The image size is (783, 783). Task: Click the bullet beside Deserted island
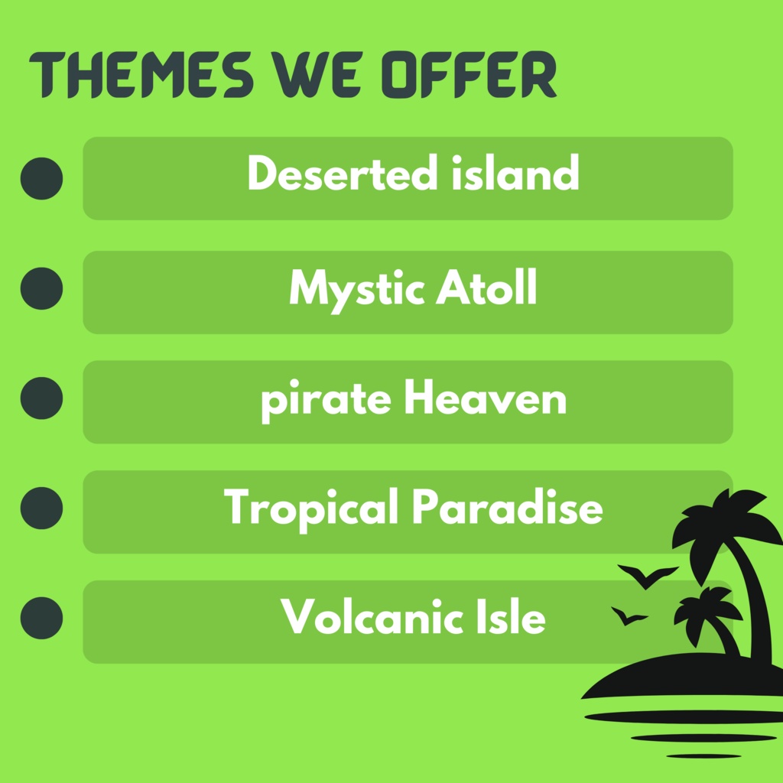click(x=41, y=178)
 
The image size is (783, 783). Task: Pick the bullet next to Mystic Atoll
click(x=41, y=288)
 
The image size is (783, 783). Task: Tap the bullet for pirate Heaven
click(x=41, y=398)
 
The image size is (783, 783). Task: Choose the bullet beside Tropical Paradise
click(x=41, y=508)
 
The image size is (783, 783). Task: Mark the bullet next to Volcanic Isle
click(x=41, y=618)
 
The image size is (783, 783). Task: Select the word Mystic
click(x=356, y=289)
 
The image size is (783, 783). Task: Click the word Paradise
click(x=507, y=508)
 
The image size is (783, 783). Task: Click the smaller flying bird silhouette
click(x=628, y=616)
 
